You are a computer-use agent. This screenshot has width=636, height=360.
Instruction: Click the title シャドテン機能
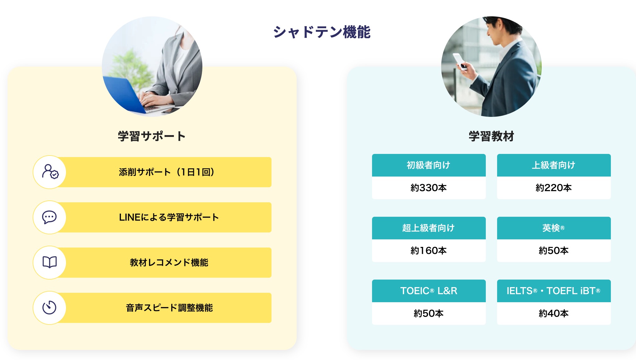pyautogui.click(x=322, y=32)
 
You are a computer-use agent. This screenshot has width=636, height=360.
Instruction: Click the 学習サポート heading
pyautogui.click(x=152, y=136)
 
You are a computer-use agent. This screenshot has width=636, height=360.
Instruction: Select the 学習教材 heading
pyautogui.click(x=491, y=136)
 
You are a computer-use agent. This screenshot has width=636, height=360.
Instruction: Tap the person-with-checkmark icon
pyautogui.click(x=50, y=172)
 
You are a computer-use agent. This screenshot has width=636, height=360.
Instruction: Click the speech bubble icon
pyautogui.click(x=49, y=217)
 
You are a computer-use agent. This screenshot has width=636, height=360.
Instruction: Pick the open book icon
pyautogui.click(x=50, y=262)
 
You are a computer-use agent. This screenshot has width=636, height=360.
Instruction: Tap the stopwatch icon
pyautogui.click(x=49, y=307)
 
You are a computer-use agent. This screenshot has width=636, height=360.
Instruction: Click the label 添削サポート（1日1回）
pyautogui.click(x=167, y=172)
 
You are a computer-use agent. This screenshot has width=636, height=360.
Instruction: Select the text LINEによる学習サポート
pyautogui.click(x=169, y=217)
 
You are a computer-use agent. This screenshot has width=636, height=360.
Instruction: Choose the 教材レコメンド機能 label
pyautogui.click(x=169, y=263)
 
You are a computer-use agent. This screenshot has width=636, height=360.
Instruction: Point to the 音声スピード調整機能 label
pyautogui.click(x=169, y=308)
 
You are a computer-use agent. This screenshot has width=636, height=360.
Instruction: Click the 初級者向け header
pyautogui.click(x=429, y=165)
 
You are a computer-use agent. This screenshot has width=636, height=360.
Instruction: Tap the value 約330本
pyautogui.click(x=429, y=188)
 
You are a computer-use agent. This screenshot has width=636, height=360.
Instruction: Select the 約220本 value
pyautogui.click(x=554, y=188)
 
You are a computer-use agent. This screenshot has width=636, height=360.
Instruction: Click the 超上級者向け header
pyautogui.click(x=429, y=228)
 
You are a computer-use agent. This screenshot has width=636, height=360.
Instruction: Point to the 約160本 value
pyautogui.click(x=429, y=251)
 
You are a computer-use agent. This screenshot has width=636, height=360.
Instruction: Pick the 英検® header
pyautogui.click(x=554, y=228)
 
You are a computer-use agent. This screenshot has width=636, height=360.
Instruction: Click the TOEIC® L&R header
pyautogui.click(x=429, y=291)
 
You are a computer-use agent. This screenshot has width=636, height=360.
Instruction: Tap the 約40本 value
pyautogui.click(x=554, y=314)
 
